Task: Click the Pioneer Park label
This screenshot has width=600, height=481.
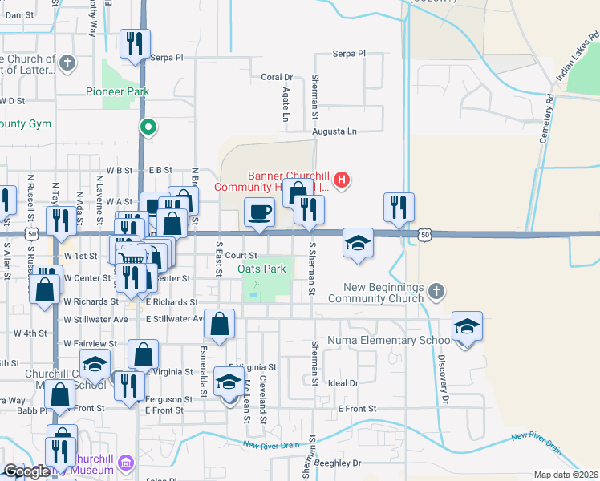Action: coord(118,91)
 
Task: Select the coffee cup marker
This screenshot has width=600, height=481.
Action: coord(259,213)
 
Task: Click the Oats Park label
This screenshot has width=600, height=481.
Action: coord(261,269)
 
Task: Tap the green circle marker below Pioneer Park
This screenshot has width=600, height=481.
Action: coord(148,126)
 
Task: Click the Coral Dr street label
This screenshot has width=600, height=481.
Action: coord(277,77)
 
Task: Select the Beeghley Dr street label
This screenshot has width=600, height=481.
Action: coord(340,463)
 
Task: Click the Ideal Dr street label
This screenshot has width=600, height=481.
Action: coord(343,383)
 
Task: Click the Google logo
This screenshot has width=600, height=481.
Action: coord(26,471)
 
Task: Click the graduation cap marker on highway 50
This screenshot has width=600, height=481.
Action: coord(358,244)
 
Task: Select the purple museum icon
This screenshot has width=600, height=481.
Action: coord(125,463)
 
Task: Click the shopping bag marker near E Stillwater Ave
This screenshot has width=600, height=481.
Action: coord(220,324)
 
